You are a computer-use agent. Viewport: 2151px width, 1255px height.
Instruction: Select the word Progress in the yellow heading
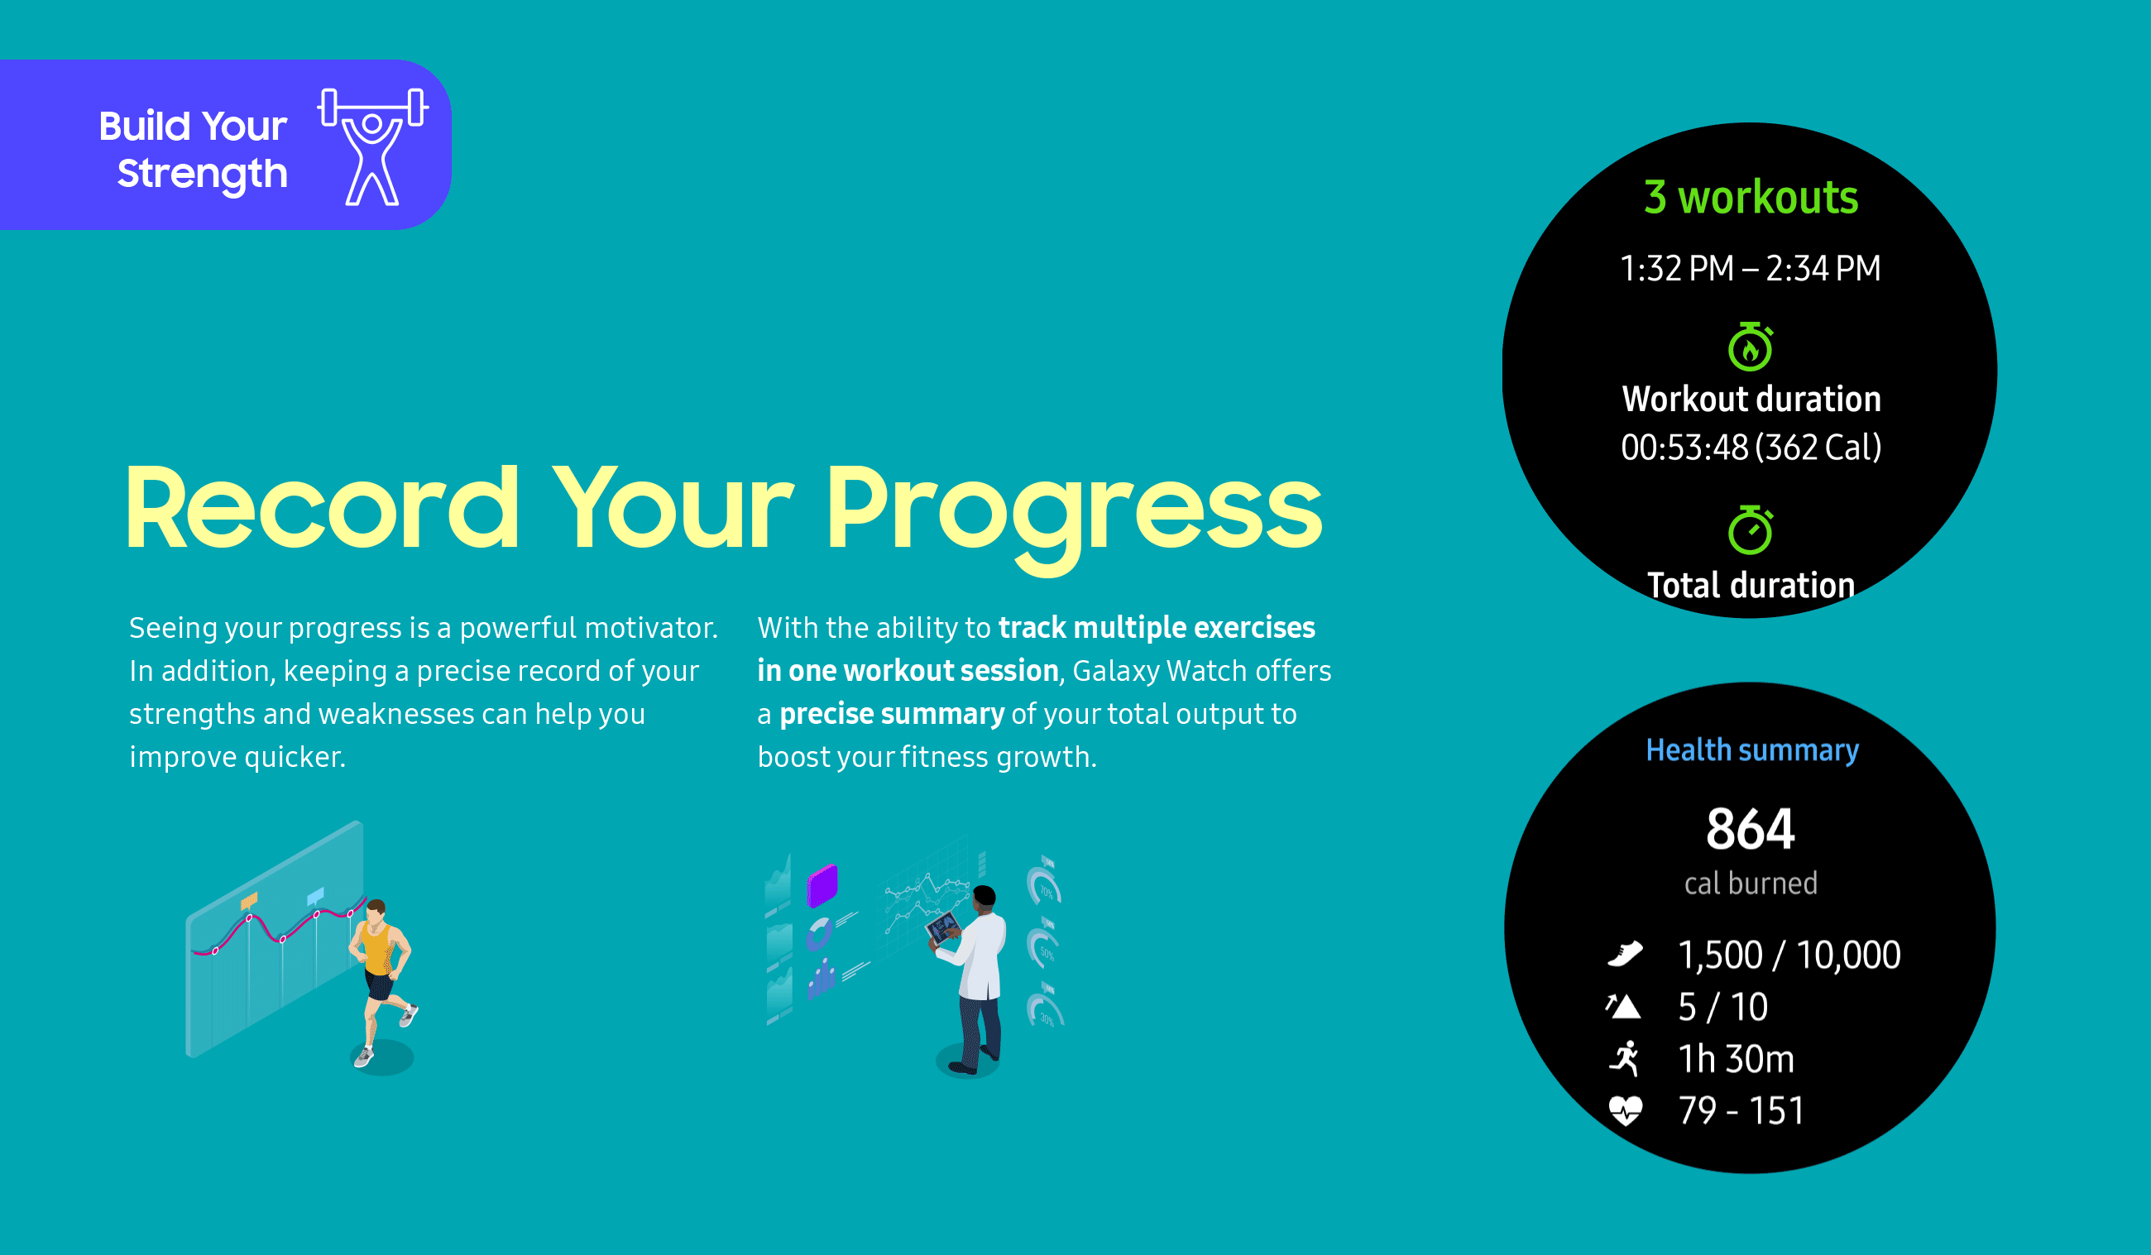1074,509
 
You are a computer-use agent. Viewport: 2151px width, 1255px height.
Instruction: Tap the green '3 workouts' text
1750,197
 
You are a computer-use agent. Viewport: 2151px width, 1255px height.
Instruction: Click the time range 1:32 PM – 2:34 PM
1750,268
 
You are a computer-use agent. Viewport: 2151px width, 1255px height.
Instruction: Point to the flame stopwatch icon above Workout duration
1750,347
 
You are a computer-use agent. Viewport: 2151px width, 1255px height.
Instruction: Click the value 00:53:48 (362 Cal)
1750,448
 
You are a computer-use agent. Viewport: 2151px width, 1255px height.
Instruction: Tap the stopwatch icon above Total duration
1750,529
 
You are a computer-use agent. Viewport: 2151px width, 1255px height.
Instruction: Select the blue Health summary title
1751,750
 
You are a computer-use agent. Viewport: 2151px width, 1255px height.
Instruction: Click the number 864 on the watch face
1750,828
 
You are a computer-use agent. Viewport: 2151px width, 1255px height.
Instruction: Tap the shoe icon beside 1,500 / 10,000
1624,954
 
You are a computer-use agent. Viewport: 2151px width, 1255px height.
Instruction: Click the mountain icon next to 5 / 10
1623,1007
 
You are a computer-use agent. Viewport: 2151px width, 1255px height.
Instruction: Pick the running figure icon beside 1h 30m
1625,1059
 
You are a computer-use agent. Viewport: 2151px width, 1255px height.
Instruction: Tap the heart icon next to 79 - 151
1625,1110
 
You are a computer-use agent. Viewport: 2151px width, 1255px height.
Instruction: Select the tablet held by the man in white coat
942,927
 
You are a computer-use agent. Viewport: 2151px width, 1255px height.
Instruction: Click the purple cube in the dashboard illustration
823,884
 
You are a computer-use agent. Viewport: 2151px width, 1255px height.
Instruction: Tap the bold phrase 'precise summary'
891,714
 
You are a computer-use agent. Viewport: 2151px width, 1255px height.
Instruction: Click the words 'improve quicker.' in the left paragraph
237,757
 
